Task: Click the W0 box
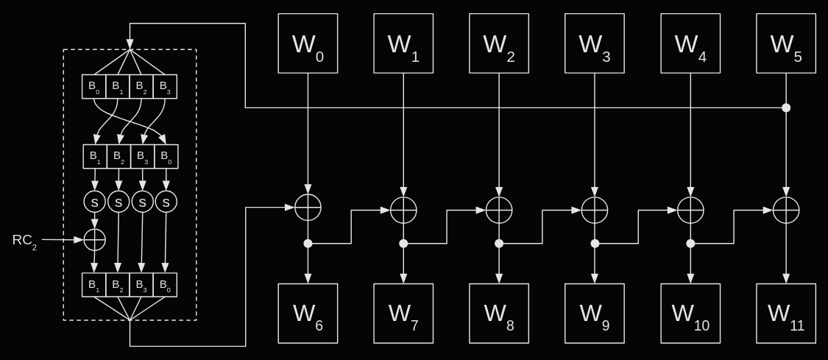coord(308,43)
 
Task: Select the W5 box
coord(786,43)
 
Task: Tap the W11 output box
coord(786,314)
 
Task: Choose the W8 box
coord(499,314)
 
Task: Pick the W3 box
coord(595,43)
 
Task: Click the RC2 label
coord(24,241)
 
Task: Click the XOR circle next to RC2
coord(94,239)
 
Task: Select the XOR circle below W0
coord(308,209)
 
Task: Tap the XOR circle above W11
coord(786,210)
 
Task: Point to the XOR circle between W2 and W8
coord(499,210)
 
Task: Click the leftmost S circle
coord(94,202)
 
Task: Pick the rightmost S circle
coord(166,202)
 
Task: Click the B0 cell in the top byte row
coord(94,87)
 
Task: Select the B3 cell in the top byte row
coord(165,87)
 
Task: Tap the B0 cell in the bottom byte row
coord(165,285)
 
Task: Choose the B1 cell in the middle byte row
coord(95,157)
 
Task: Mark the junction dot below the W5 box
coord(786,107)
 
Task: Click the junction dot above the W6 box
coord(308,243)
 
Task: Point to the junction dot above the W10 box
coord(690,243)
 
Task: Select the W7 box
coord(403,314)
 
